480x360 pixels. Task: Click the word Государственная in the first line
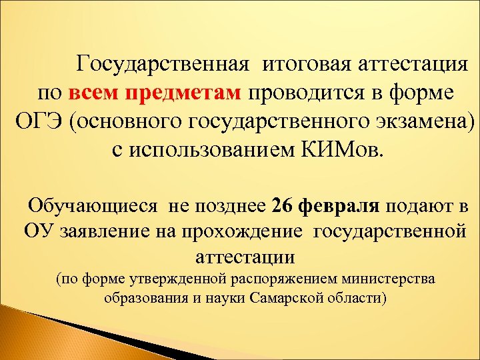click(163, 65)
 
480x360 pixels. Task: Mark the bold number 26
click(283, 207)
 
